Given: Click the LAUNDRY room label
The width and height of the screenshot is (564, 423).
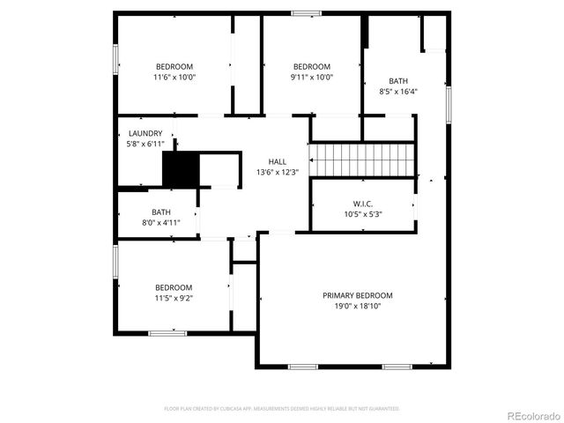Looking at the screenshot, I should [145, 134].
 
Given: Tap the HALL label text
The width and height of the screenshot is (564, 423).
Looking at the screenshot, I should [277, 162].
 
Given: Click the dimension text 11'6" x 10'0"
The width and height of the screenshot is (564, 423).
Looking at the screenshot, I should [174, 77].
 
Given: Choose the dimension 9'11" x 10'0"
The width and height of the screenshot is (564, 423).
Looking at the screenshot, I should [312, 77].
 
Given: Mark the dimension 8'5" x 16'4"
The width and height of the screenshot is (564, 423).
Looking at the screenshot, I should [398, 91].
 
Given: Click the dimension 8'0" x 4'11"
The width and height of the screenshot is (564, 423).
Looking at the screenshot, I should [161, 222].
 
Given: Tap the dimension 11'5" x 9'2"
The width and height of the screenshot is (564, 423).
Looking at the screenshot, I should [174, 298].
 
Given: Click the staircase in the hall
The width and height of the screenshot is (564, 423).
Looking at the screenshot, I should [364, 159].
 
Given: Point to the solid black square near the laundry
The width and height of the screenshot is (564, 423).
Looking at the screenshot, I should [181, 168].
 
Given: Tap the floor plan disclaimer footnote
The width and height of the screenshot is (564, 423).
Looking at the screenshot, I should [282, 409].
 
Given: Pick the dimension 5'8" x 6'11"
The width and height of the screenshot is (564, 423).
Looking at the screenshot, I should [145, 144].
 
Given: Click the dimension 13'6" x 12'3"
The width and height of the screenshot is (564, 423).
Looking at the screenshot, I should [277, 172].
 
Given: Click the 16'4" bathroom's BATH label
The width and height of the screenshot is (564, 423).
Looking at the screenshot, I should [398, 80].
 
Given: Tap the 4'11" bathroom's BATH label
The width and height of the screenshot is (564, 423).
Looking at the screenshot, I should [161, 211].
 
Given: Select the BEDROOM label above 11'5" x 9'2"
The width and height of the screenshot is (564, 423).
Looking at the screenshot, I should [174, 287].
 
